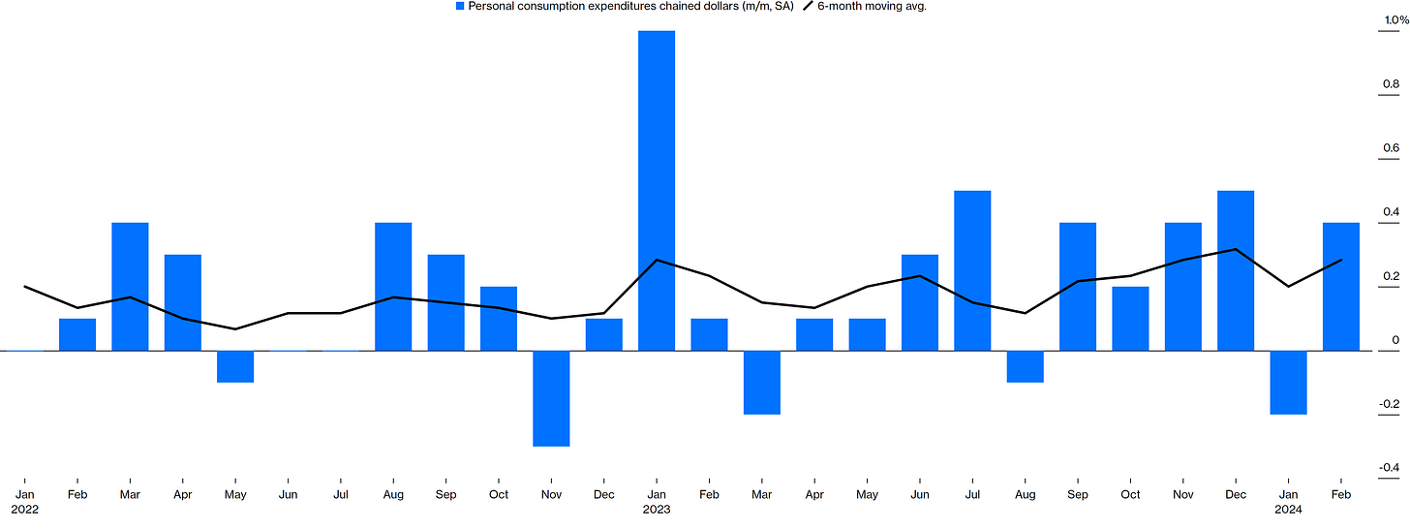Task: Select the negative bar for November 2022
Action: point(551,398)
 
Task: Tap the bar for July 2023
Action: point(972,270)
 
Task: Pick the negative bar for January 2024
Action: point(1288,383)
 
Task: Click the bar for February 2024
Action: point(1340,287)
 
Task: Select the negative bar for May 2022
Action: point(235,366)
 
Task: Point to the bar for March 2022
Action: point(130,287)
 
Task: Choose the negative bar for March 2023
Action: point(762,383)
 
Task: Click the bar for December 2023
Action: point(1235,270)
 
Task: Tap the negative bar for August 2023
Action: point(1025,366)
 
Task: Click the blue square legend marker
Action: point(460,7)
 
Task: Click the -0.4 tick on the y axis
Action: point(1389,468)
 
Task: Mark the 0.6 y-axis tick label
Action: point(1391,148)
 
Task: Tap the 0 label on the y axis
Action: point(1395,340)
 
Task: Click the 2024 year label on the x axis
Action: point(1288,508)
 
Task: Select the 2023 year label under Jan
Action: point(657,508)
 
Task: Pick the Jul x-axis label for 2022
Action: point(340,494)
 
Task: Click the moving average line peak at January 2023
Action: point(657,260)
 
